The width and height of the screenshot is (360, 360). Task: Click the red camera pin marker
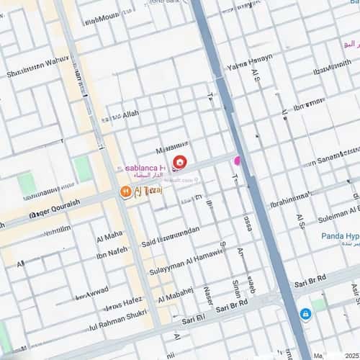[x=179, y=163]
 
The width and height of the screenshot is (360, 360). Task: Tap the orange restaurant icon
[x=125, y=192]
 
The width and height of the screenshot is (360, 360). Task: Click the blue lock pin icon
[x=305, y=314]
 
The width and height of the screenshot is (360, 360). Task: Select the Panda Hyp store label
[x=340, y=236]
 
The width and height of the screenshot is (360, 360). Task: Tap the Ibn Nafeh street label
[x=112, y=251]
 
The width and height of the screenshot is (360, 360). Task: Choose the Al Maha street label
[x=109, y=235]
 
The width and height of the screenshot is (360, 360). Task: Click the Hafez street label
[x=125, y=305]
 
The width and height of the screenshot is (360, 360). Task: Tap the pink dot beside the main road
[x=237, y=160]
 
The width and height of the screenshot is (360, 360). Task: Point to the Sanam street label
[x=331, y=157]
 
